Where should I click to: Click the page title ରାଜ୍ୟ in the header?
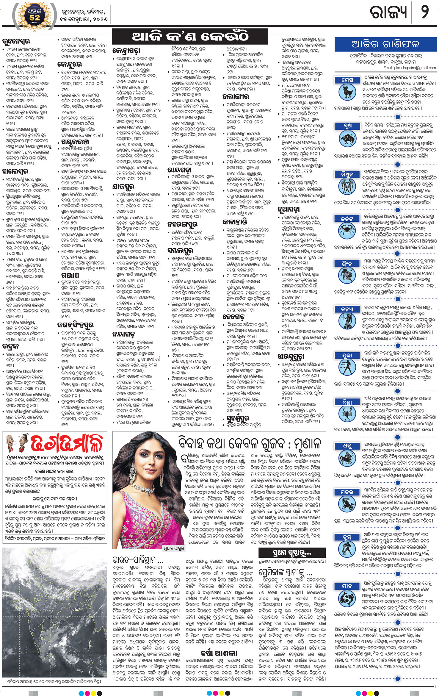388,12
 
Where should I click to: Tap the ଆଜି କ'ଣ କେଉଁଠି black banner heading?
190,37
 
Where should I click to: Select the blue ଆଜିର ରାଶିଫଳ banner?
385,44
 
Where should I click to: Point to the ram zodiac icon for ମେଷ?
347,92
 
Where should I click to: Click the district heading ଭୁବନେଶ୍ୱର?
16,41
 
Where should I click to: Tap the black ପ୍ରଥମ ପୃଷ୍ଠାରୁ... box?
292,553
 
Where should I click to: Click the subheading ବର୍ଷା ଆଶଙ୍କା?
219,653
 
